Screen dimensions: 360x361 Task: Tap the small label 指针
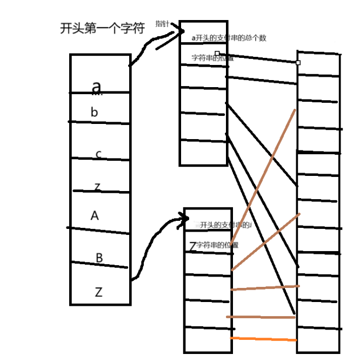[x=162, y=24]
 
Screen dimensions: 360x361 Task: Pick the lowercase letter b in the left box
[x=95, y=113]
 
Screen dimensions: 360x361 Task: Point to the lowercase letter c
[x=98, y=154]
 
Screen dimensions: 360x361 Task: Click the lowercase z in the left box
[x=97, y=187]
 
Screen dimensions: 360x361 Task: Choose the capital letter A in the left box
[x=95, y=216]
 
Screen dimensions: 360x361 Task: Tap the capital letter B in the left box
[x=99, y=258]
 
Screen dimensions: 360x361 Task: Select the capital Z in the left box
[x=98, y=292]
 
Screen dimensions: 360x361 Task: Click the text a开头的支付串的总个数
[x=229, y=38]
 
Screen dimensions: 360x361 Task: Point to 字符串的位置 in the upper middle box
[x=211, y=57]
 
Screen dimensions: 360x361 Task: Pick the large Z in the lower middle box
[x=192, y=246]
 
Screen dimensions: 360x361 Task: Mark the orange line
[x=264, y=339]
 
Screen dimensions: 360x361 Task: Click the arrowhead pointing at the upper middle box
[x=181, y=33]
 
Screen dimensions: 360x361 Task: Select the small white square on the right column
[x=298, y=63]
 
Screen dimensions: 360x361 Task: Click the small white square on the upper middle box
[x=217, y=54]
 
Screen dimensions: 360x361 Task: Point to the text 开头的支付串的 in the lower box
[x=225, y=225]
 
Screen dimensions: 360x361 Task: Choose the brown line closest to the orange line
[x=261, y=317]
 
